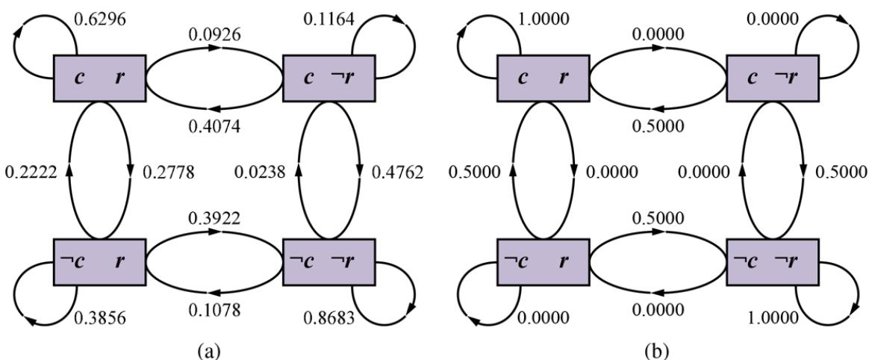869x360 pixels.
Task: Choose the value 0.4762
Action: (397, 173)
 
